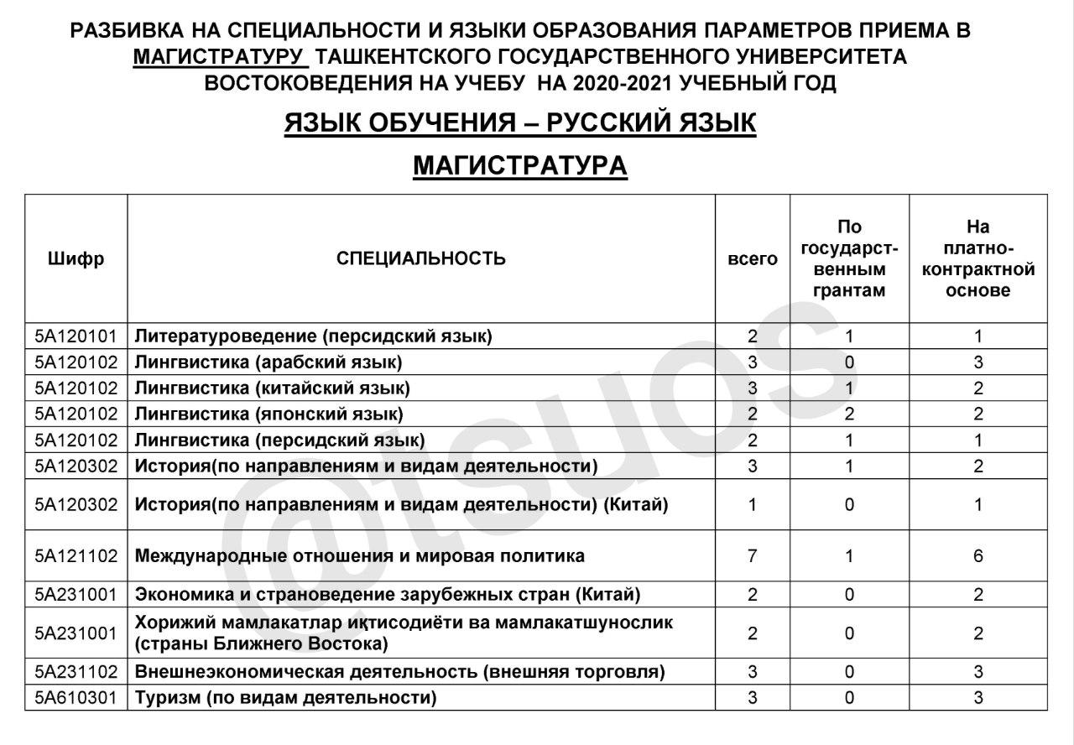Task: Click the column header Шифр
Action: (76, 258)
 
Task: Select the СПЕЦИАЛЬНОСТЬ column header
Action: (420, 258)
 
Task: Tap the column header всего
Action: (752, 258)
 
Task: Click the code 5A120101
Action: (76, 336)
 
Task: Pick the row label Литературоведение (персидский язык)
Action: (313, 336)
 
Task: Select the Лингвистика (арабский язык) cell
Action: (268, 362)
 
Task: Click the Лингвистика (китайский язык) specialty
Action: (272, 388)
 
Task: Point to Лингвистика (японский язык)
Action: (268, 414)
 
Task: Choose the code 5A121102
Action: (76, 555)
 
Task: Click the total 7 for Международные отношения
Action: (752, 555)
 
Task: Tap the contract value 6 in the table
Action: (978, 555)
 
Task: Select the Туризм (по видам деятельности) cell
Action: (285, 697)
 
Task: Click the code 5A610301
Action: (76, 697)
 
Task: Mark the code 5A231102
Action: (76, 671)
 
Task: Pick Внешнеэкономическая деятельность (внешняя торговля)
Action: (399, 671)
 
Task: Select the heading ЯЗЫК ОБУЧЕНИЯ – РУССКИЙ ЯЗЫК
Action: (520, 123)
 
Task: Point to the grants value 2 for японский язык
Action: (848, 414)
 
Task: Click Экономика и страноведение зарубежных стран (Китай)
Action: (388, 595)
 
